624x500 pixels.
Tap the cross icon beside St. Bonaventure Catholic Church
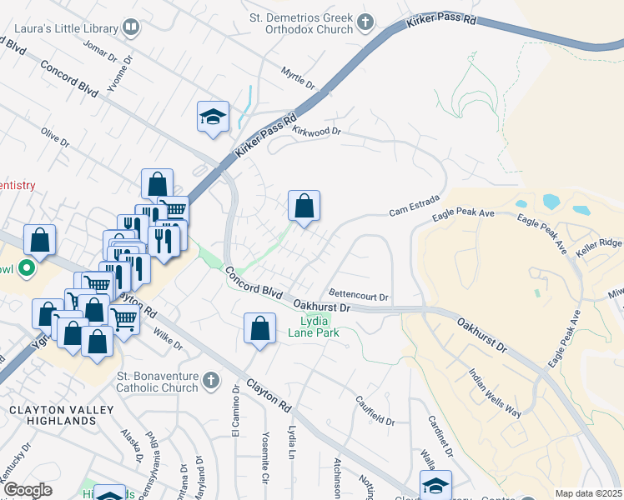211,381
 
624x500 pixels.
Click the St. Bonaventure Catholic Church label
159,382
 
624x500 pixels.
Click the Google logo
28,490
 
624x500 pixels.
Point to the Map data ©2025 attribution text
588,493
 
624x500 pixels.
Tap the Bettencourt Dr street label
359,296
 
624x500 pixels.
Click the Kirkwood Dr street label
318,131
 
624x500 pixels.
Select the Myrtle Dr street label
298,79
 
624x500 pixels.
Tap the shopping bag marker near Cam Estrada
304,205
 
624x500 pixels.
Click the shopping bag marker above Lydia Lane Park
260,327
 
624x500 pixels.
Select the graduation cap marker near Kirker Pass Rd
213,116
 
